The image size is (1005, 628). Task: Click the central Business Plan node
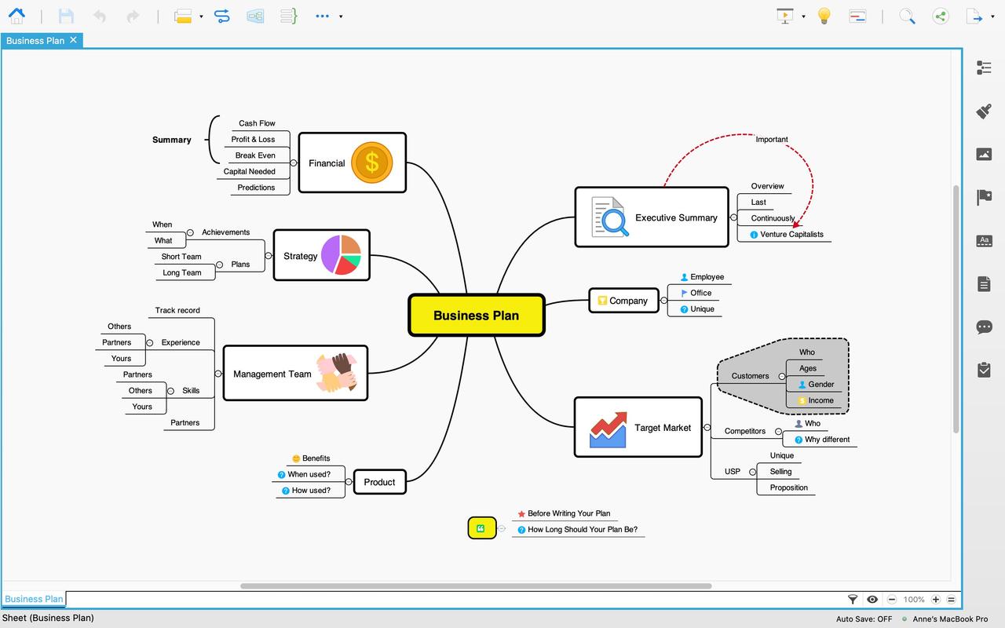[x=476, y=316]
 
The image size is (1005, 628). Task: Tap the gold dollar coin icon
[x=371, y=162]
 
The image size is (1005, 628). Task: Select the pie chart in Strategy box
[x=341, y=255]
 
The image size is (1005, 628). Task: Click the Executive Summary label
[x=676, y=217]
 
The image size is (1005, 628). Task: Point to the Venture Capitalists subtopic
[x=791, y=234]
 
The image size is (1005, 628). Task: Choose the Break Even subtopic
[x=255, y=155]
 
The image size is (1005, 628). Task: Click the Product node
[x=379, y=482]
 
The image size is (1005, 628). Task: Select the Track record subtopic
[x=177, y=310]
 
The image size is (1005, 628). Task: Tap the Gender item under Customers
[x=820, y=384]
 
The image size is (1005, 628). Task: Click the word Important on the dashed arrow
[x=771, y=139]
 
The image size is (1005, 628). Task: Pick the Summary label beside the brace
[x=172, y=140]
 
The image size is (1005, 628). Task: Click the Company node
[x=624, y=301]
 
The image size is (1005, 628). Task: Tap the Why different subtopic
[x=827, y=440]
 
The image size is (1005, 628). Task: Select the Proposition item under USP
[x=788, y=487]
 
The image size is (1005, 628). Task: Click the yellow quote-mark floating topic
[x=481, y=528]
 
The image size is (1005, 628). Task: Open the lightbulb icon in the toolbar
[x=824, y=16]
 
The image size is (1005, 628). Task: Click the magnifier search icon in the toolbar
[x=907, y=16]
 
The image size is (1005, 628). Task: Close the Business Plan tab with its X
[x=73, y=40]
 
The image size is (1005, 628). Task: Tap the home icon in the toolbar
[x=16, y=16]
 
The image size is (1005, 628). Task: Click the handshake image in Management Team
[x=337, y=373]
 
